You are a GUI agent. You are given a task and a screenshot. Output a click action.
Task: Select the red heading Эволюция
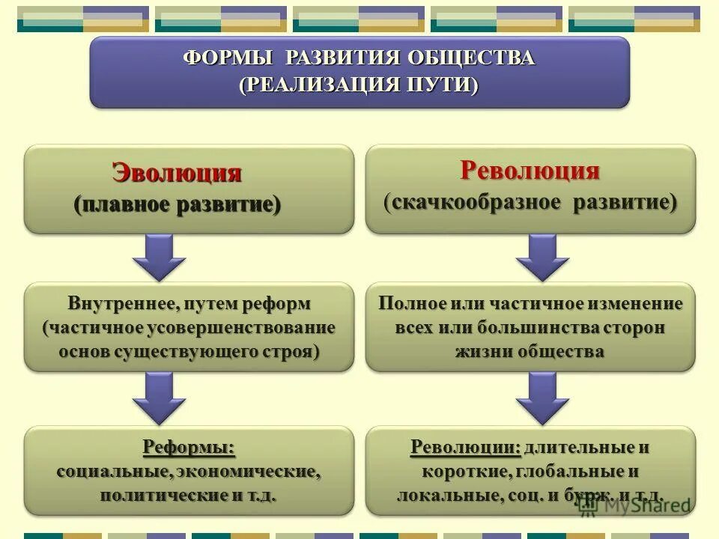(x=177, y=173)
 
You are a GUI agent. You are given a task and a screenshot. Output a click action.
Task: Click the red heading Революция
(x=530, y=170)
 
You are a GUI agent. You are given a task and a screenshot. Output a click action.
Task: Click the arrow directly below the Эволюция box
(x=159, y=257)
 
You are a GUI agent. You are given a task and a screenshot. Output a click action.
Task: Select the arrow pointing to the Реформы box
(x=159, y=397)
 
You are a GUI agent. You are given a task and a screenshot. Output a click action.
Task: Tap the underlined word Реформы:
(x=189, y=448)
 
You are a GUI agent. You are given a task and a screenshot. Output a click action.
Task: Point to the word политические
(x=154, y=495)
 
